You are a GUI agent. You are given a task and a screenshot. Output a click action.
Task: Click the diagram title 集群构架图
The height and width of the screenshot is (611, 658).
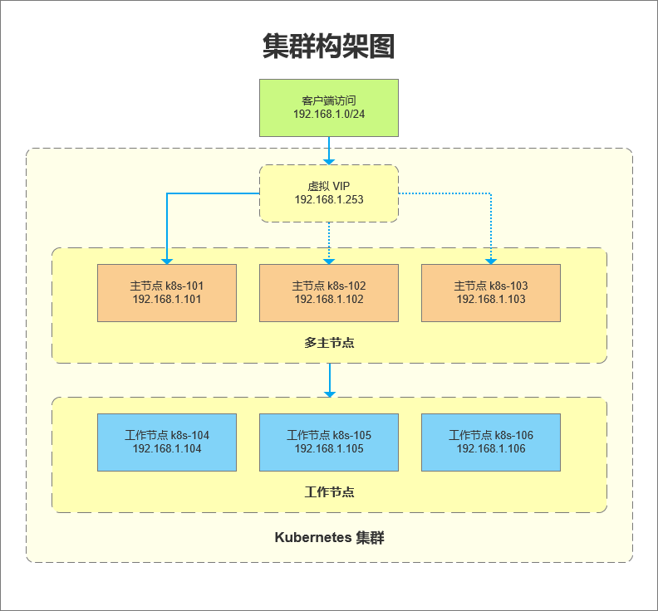click(328, 46)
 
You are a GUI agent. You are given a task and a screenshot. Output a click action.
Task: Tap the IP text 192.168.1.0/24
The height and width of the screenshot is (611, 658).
click(329, 113)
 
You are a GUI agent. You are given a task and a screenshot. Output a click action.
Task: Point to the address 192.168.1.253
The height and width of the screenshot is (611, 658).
click(329, 200)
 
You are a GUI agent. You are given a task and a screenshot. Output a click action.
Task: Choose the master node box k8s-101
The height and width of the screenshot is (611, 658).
click(167, 292)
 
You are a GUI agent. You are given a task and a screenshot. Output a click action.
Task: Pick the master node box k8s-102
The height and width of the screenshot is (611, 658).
click(329, 292)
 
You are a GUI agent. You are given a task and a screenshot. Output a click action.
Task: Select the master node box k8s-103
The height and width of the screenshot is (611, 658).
click(491, 292)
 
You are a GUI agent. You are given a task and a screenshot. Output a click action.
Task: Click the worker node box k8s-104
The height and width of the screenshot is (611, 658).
click(167, 442)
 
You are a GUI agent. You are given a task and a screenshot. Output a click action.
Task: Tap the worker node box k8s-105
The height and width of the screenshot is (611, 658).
click(329, 442)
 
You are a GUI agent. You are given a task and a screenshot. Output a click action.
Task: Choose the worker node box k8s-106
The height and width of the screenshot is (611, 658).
click(491, 442)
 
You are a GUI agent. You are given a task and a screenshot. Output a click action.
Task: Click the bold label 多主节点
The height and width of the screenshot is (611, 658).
click(329, 342)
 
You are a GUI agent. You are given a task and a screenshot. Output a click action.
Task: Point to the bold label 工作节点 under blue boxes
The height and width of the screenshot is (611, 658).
click(329, 491)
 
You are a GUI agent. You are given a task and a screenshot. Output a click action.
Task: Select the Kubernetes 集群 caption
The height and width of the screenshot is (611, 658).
click(329, 538)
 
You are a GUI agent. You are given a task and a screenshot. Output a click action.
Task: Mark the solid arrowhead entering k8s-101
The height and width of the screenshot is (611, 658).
click(167, 258)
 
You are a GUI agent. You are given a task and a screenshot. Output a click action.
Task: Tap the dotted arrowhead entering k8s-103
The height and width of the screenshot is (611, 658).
click(491, 258)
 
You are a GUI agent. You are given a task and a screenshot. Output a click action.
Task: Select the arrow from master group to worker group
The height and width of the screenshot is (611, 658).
click(329, 380)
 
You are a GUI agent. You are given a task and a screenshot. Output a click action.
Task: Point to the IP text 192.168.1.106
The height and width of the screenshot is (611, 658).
click(491, 449)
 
